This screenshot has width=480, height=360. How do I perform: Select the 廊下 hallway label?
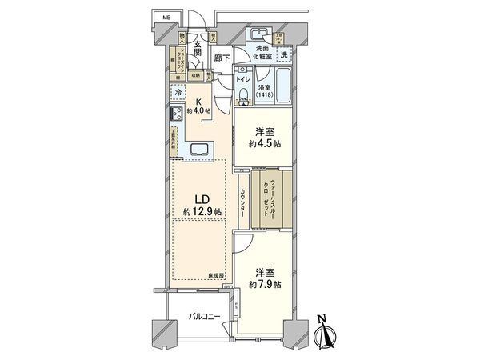coord(223,58)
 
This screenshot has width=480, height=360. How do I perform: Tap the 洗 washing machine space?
coord(283,54)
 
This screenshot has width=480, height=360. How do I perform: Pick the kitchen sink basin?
coord(200,148)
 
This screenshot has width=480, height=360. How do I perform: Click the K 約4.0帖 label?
coord(196,106)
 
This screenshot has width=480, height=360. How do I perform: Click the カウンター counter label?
coord(242,206)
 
